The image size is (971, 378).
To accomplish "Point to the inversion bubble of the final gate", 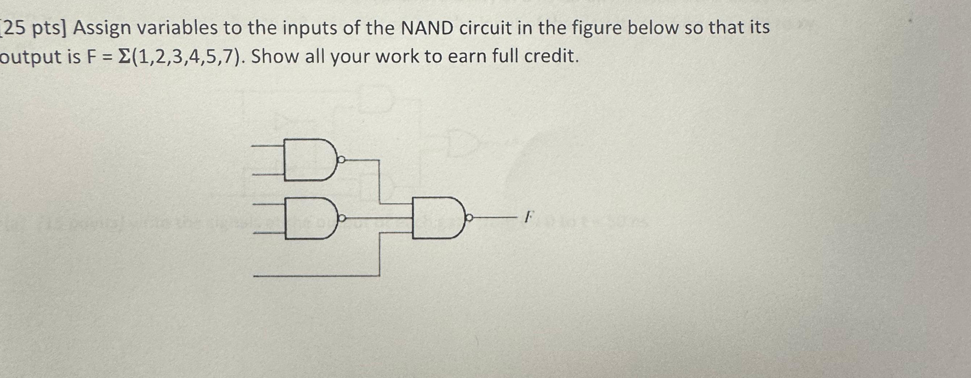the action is (469, 217).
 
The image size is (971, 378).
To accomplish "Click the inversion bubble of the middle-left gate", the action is (342, 218).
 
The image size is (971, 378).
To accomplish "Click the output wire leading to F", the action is (494, 217).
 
